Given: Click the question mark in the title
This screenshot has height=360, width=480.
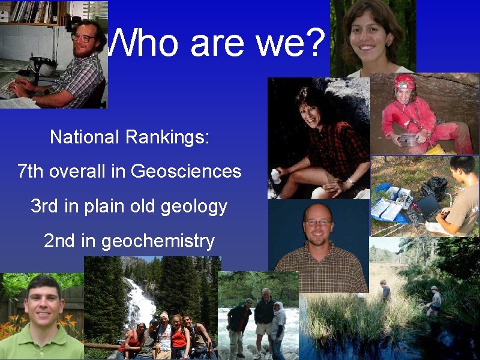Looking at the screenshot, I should [313, 43].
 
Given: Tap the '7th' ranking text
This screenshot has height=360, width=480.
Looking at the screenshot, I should [31, 172].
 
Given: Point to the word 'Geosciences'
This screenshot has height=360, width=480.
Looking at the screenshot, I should [186, 172].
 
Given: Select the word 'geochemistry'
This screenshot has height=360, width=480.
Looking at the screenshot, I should [158, 241].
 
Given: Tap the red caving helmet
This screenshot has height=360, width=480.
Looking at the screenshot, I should [404, 81].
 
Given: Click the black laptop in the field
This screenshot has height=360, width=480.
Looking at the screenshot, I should [430, 207].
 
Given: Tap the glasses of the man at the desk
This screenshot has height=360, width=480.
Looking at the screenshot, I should [83, 38].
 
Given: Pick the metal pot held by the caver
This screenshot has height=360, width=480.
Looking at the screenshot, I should [410, 140].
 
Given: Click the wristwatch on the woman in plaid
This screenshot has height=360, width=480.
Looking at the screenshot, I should [350, 181].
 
